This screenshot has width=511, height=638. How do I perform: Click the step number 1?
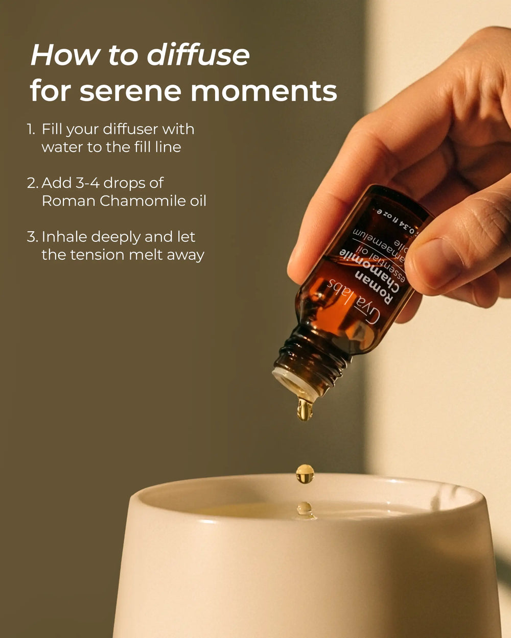tap(31, 129)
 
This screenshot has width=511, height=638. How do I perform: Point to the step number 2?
tap(32, 183)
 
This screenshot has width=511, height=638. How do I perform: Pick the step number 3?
tap(32, 237)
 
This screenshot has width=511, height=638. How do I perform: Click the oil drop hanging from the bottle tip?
tap(305, 409)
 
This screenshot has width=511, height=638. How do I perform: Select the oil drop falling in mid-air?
tap(305, 474)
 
